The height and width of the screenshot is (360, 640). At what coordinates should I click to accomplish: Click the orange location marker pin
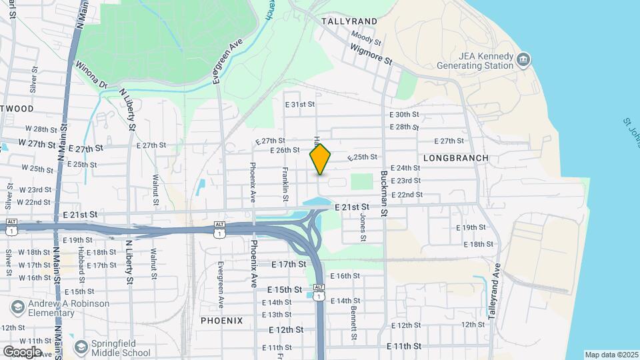tap(321, 159)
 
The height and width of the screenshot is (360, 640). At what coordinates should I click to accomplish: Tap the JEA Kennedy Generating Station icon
tap(523, 61)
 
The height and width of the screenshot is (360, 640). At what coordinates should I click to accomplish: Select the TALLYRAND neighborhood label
tap(349, 21)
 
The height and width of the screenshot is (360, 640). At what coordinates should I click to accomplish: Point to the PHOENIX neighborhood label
tap(222, 321)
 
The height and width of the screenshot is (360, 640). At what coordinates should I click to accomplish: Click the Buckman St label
tap(384, 193)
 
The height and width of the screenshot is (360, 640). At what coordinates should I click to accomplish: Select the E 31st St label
tap(299, 105)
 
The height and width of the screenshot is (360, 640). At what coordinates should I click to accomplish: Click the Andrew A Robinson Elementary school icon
tap(17, 308)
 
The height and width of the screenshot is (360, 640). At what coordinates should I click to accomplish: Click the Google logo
tap(23, 351)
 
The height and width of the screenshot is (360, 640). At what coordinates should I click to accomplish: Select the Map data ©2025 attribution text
tap(611, 355)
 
